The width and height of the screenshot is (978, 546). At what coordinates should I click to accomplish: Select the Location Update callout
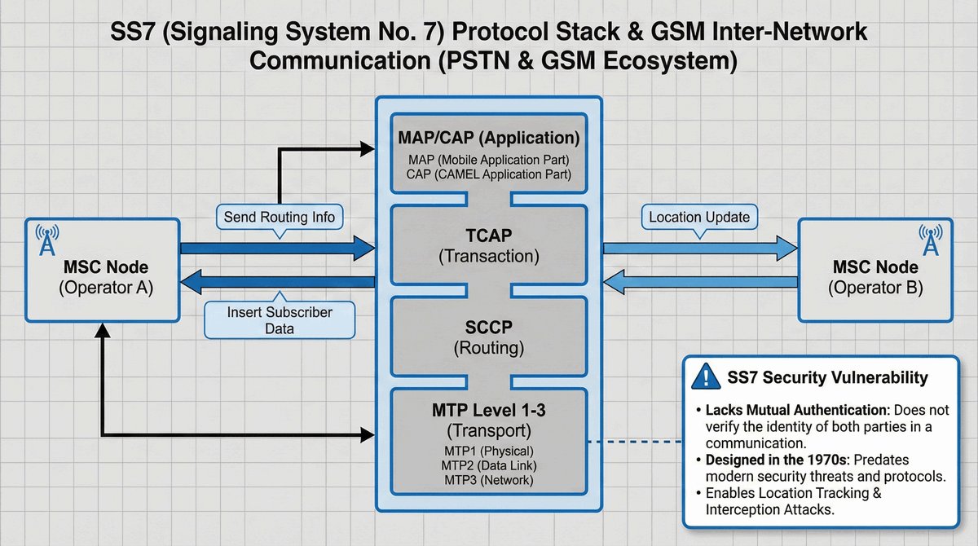pyautogui.click(x=700, y=218)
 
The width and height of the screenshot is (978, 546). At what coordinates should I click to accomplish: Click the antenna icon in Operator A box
pyautogui.click(x=46, y=240)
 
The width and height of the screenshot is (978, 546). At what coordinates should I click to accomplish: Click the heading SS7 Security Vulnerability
pyautogui.click(x=826, y=377)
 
